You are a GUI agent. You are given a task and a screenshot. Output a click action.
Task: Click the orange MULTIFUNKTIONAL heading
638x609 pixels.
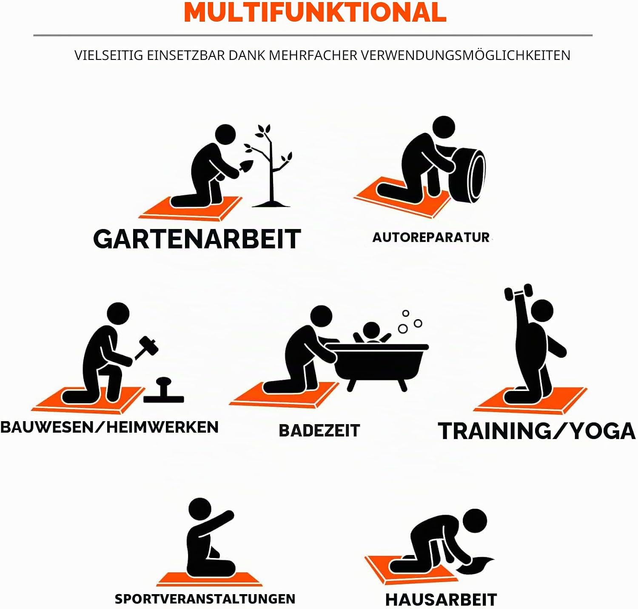tap(315, 12)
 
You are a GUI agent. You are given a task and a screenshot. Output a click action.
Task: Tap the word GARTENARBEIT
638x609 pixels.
tap(197, 239)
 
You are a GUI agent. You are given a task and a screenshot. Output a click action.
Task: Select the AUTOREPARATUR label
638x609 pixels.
tap(431, 237)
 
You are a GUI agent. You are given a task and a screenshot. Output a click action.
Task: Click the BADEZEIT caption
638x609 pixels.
tap(319, 431)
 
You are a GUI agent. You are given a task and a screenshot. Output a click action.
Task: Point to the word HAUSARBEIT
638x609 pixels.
tap(441, 600)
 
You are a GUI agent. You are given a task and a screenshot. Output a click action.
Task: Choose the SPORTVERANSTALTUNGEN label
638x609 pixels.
tap(205, 599)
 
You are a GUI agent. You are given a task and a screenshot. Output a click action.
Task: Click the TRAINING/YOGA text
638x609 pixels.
tap(537, 431)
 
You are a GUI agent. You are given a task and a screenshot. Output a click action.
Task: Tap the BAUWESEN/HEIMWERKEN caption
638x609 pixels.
tap(109, 427)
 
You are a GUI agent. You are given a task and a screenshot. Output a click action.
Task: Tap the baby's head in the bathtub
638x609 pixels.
tap(371, 331)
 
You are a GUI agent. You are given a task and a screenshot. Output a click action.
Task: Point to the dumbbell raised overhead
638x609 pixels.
tap(518, 292)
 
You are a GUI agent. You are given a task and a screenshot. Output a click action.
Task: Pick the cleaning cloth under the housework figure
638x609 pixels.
tap(476, 565)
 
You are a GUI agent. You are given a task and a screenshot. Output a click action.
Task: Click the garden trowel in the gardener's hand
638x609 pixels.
tap(245, 166)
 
